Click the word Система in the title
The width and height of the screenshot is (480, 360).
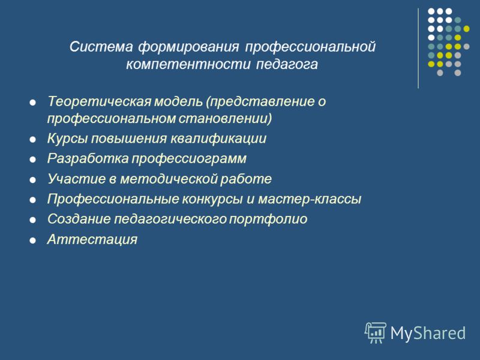[101, 47]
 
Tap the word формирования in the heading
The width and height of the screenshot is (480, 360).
[188, 47]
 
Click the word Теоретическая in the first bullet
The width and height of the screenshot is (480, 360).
[99, 101]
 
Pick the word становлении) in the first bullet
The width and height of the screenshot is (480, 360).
[225, 119]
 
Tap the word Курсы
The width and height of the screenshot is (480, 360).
[68, 139]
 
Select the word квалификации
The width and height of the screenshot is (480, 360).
[218, 139]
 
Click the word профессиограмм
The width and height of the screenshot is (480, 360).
[189, 159]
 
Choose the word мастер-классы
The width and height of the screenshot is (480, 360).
[310, 199]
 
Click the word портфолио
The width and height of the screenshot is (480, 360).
[268, 219]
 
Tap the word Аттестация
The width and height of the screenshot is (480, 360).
[92, 239]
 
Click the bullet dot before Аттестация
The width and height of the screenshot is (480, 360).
[32, 241]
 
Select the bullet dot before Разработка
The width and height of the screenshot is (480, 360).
[32, 160]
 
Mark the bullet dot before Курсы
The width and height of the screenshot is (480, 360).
[32, 140]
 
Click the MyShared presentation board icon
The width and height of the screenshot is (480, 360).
[376, 332]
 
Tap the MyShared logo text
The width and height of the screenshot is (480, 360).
[428, 333]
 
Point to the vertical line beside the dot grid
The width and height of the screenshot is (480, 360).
[418, 49]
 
